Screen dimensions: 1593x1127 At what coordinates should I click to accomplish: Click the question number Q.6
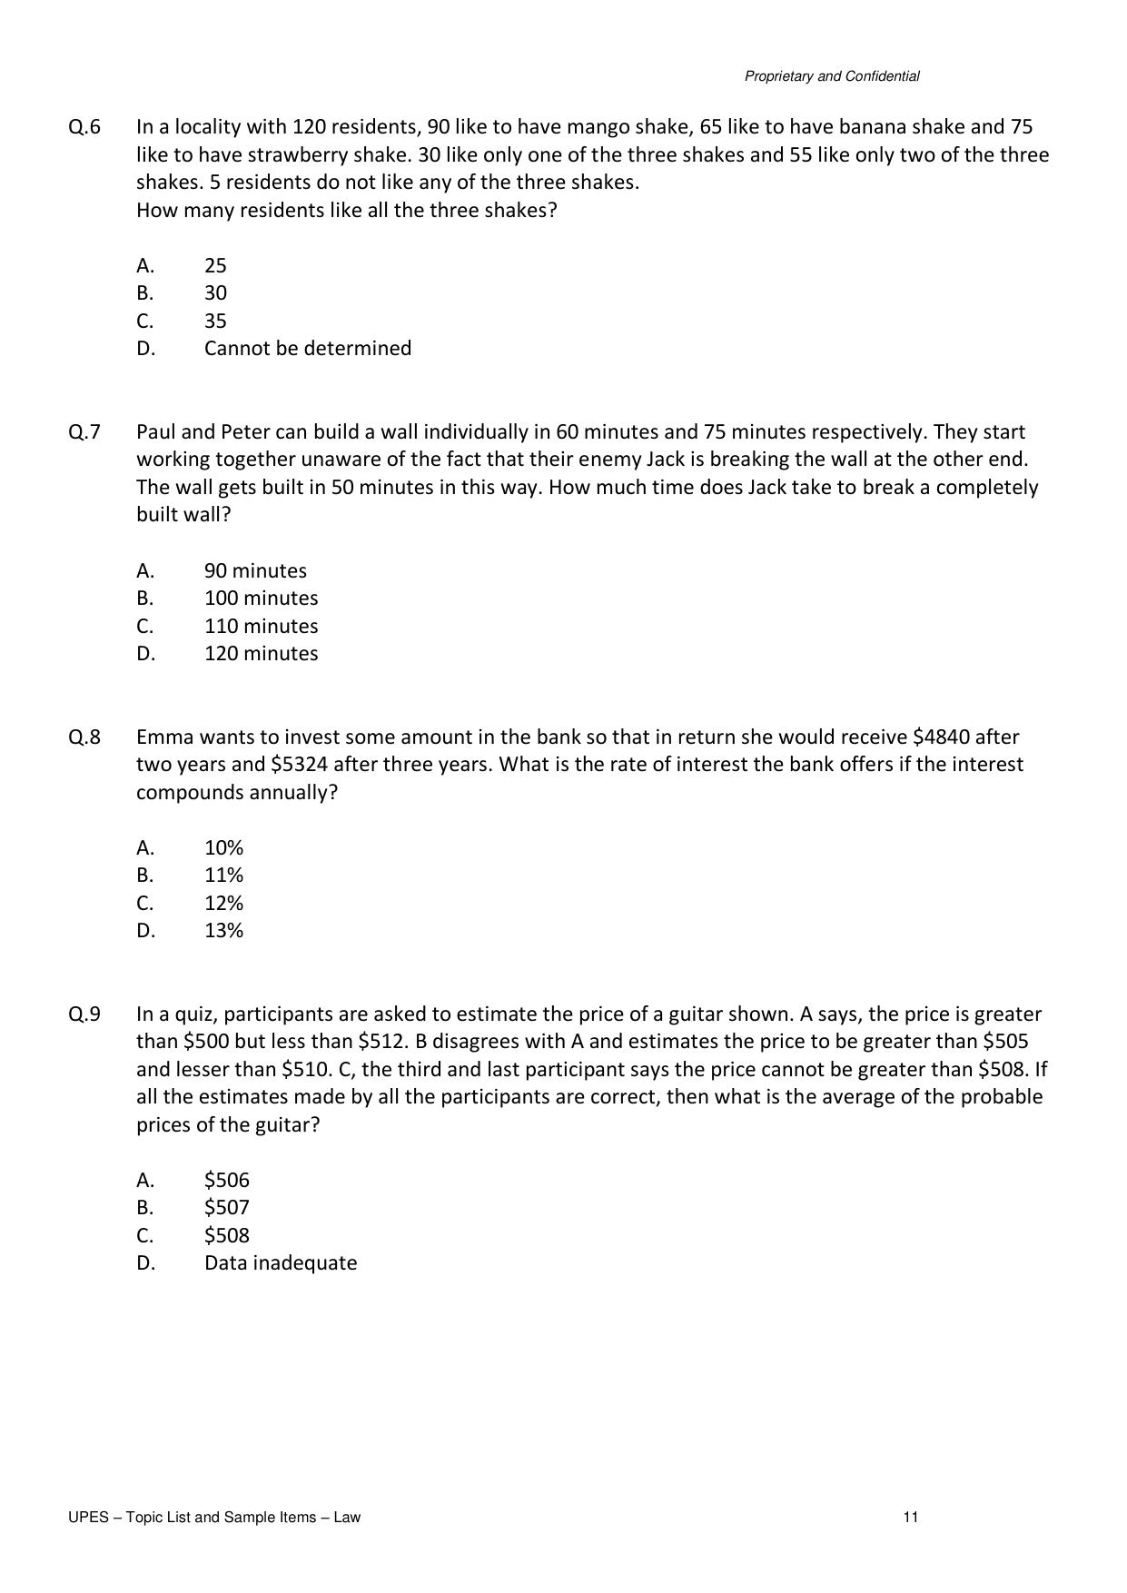84,127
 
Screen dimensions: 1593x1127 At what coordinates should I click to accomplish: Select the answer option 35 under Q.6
215,322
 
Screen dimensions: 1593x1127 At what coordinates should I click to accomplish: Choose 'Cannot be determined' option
307,349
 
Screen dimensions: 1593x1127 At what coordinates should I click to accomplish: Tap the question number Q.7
84,432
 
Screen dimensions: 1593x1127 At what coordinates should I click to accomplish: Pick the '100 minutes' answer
261,599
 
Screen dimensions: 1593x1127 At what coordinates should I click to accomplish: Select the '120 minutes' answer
261,654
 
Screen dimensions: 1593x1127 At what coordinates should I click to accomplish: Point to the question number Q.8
84,737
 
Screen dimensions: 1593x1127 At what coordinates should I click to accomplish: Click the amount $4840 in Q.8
941,737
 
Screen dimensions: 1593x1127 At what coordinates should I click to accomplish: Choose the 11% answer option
223,876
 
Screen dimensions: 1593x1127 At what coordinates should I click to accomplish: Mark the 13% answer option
223,931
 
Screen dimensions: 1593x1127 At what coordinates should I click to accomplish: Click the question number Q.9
84,1014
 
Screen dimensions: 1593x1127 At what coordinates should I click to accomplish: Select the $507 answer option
226,1208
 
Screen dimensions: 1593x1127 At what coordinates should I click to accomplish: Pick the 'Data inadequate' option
280,1263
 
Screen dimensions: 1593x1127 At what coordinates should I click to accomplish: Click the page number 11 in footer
911,1518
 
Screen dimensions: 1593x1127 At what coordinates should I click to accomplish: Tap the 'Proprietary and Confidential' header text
832,77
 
